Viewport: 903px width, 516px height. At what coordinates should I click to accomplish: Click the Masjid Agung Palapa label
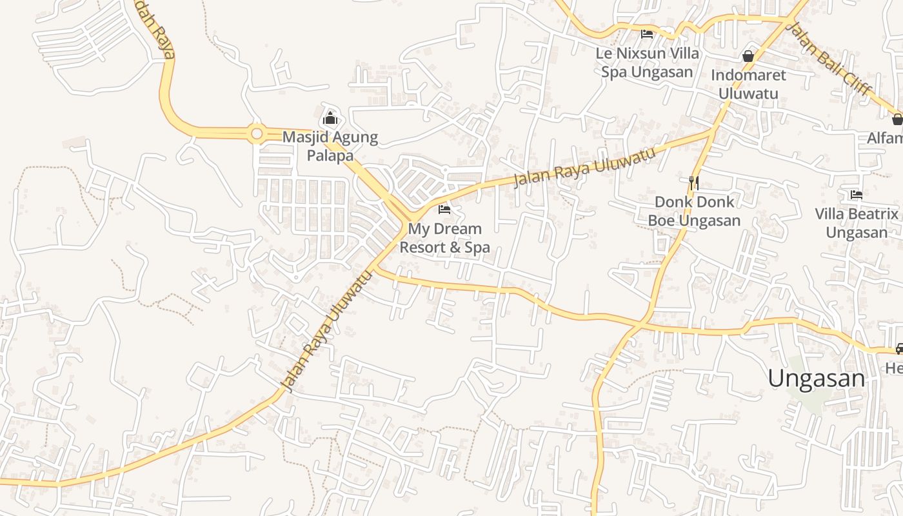[330, 146]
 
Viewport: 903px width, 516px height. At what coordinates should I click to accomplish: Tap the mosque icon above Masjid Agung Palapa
[330, 118]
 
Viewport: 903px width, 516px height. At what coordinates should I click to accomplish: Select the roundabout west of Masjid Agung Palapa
[257, 134]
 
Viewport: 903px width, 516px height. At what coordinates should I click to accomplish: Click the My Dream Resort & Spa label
[444, 238]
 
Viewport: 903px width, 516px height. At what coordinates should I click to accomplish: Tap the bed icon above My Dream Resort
[444, 209]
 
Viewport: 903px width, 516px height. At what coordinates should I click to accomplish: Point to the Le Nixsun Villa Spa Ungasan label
[647, 63]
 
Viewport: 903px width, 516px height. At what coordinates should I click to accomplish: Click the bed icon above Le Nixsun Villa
[647, 34]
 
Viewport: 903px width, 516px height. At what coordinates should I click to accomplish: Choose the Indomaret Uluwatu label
[748, 84]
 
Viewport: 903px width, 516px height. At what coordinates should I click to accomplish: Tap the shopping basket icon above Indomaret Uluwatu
[748, 56]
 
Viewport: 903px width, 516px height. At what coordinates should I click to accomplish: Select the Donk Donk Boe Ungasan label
[694, 211]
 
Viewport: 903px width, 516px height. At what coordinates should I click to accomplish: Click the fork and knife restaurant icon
[694, 183]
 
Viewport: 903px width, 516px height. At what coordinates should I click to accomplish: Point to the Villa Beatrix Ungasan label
[857, 223]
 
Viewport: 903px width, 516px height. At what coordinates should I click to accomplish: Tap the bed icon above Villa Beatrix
[857, 194]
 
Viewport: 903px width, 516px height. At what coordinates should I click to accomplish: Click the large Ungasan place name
[816, 378]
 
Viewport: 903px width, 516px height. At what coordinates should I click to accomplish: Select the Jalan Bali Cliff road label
[831, 59]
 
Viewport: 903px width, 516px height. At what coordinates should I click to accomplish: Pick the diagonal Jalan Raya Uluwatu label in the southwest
[328, 330]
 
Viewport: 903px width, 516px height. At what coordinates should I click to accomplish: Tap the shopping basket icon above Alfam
[897, 119]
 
